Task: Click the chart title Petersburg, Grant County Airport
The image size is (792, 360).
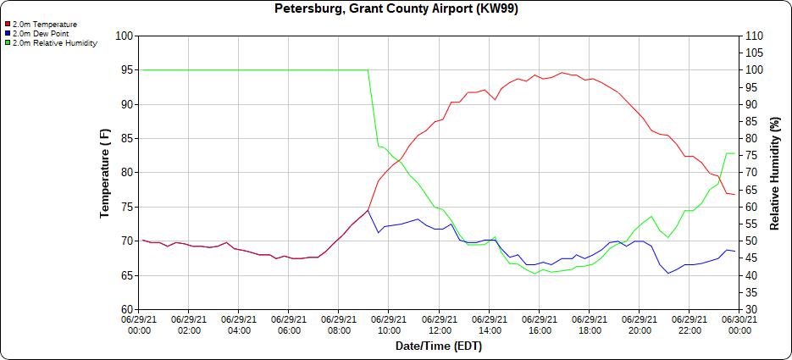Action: (396, 9)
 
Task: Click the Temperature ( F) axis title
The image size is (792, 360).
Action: (105, 173)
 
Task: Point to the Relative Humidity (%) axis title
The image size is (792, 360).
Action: (774, 173)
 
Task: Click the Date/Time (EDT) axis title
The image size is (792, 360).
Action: (438, 346)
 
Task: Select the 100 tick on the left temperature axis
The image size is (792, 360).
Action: (126, 36)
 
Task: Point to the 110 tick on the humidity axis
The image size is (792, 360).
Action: (753, 36)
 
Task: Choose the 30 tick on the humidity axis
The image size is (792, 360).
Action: (750, 309)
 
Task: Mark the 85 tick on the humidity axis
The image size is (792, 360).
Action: (750, 121)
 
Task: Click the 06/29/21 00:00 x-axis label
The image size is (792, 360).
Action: (140, 325)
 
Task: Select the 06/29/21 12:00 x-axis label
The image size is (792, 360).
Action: (440, 325)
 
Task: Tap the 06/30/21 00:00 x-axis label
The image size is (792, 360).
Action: (739, 325)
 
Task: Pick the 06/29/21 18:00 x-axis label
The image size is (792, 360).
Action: (590, 325)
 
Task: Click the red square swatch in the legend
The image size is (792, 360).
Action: (8, 25)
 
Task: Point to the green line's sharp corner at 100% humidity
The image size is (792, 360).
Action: (368, 70)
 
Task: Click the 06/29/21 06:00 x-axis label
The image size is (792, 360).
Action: (290, 325)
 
